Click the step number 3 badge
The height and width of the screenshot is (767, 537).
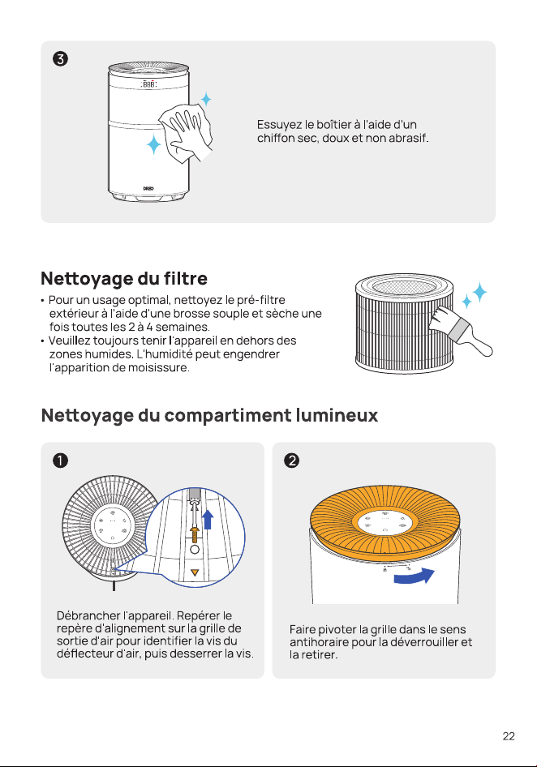60,58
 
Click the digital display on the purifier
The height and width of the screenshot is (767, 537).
148,84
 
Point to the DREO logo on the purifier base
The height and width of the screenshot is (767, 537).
148,188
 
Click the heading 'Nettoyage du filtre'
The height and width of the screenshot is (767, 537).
124,278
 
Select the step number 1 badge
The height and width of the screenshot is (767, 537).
60,461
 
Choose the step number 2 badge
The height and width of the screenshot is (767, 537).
291,461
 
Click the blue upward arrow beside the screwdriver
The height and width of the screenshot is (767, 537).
208,519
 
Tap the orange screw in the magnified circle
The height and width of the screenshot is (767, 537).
195,533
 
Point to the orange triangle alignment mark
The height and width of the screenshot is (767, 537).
195,572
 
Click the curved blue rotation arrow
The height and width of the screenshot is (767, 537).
415,576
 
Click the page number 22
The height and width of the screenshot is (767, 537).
509,736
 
